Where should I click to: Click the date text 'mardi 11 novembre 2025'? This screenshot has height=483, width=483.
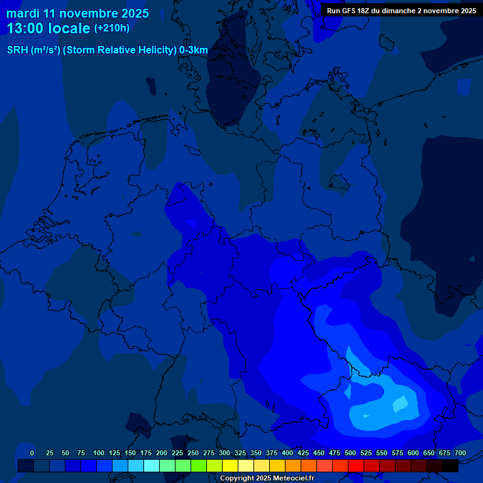pyautogui.click(x=78, y=13)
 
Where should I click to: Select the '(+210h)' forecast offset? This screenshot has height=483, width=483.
pyautogui.click(x=112, y=28)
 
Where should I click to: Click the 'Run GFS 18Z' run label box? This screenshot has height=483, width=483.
pyautogui.click(x=401, y=11)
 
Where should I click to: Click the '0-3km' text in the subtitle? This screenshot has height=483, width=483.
pyautogui.click(x=194, y=50)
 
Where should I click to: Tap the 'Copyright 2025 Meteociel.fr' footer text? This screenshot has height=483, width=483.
pyautogui.click(x=267, y=478)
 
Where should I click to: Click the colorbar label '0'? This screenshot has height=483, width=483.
pyautogui.click(x=32, y=453)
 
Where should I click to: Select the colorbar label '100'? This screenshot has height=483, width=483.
pyautogui.click(x=99, y=453)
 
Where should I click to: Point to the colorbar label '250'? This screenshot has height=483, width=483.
pyautogui.click(x=193, y=453)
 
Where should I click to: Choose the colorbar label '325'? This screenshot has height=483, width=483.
pyautogui.click(x=240, y=453)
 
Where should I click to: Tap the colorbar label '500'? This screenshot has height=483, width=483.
pyautogui.click(x=350, y=453)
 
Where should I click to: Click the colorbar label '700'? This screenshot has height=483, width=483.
pyautogui.click(x=460, y=453)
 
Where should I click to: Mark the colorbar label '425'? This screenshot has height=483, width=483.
pyautogui.click(x=303, y=453)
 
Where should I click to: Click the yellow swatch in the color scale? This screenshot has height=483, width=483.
pyautogui.click(x=230, y=465)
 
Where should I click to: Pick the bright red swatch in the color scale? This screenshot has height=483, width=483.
pyautogui.click(x=356, y=465)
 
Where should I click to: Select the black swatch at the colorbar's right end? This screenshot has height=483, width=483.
pyautogui.click(x=450, y=465)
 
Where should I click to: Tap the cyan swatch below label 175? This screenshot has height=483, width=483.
pyautogui.click(x=152, y=465)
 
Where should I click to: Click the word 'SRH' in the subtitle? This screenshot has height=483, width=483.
pyautogui.click(x=18, y=50)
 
